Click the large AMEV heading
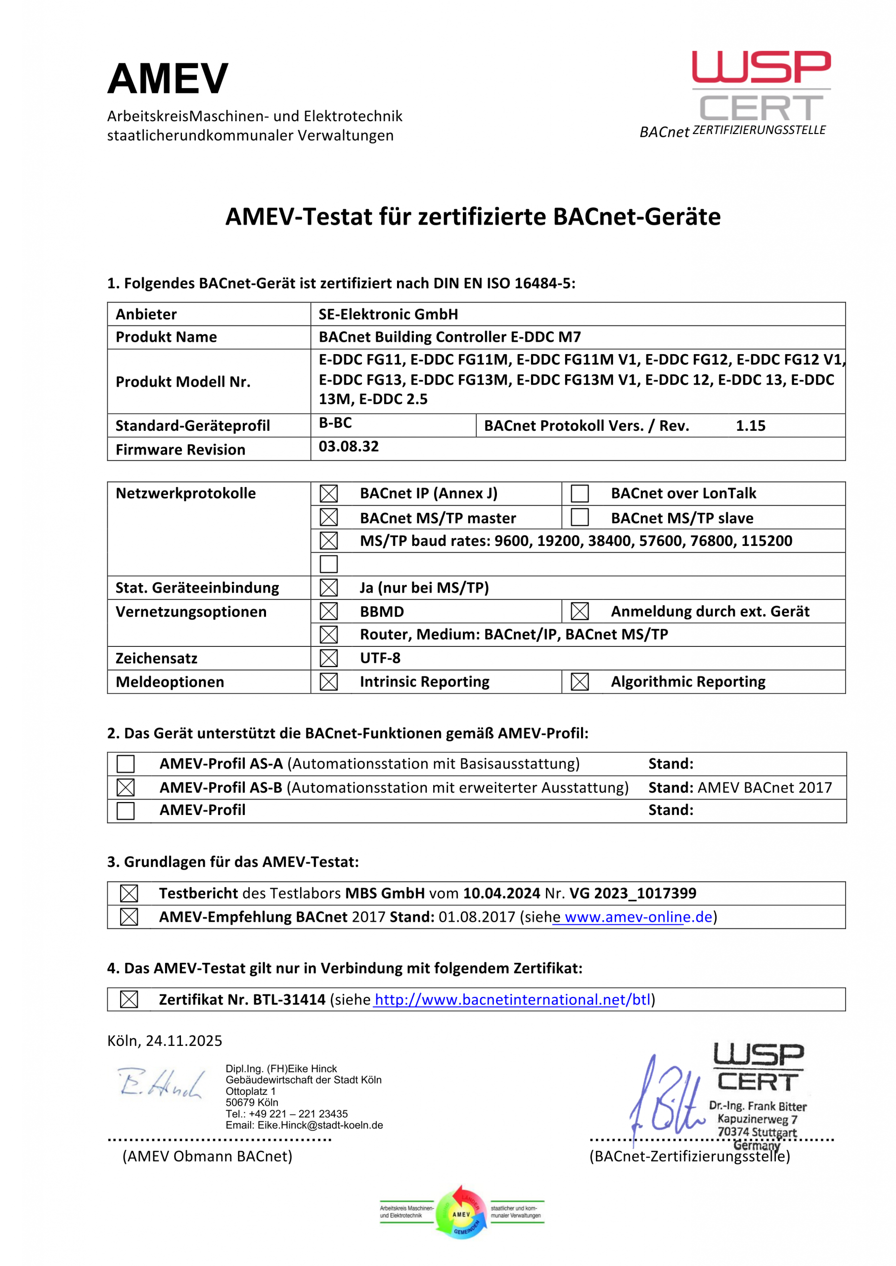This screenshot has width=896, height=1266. [x=168, y=79]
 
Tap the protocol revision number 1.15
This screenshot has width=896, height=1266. [x=750, y=426]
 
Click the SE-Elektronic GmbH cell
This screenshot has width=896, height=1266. [x=388, y=315]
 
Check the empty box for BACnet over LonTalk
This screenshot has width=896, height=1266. [x=580, y=493]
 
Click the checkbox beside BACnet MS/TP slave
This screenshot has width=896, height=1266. [x=580, y=517]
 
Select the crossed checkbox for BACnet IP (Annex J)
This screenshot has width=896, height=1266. [x=329, y=493]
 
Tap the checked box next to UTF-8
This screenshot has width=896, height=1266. [x=329, y=658]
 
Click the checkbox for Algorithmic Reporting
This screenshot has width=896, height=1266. [x=580, y=682]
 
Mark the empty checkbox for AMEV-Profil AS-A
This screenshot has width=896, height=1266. [x=126, y=764]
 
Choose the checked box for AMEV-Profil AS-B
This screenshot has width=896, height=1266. [x=126, y=788]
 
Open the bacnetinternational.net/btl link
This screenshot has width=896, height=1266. [x=513, y=999]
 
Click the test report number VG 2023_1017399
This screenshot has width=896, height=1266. [x=633, y=893]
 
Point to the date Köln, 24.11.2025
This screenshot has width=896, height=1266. [x=164, y=1041]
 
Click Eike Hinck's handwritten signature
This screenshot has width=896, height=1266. [x=160, y=1084]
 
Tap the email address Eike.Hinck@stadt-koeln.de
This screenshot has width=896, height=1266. [x=320, y=1126]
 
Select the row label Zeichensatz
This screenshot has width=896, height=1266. [x=156, y=659]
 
